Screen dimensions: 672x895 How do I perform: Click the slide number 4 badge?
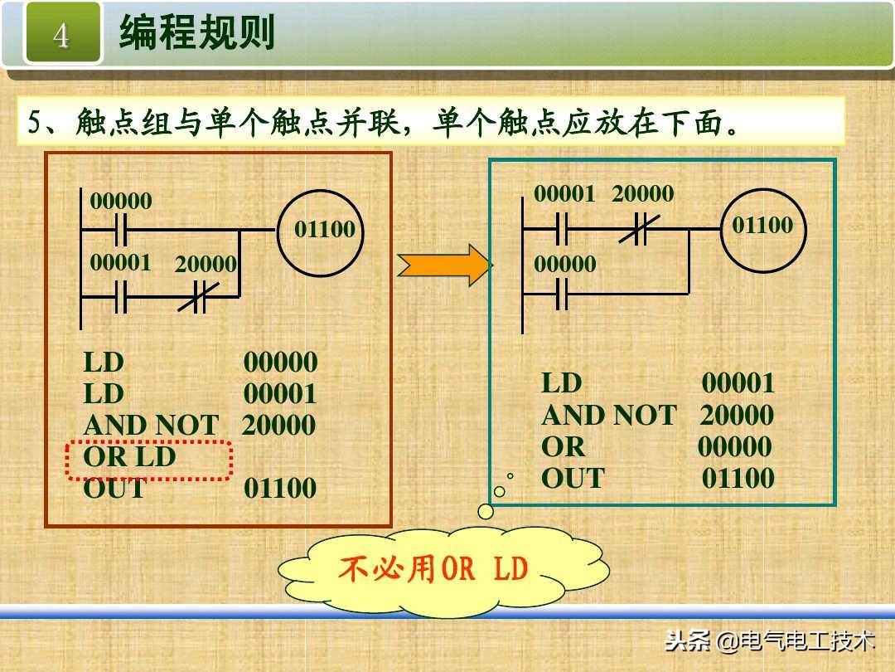[x=62, y=35]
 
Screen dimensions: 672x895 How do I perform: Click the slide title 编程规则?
[x=196, y=34]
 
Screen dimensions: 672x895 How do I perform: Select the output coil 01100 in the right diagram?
[x=762, y=226]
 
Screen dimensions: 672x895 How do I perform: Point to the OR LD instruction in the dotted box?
[x=130, y=457]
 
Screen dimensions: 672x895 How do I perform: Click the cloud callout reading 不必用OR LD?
[x=443, y=570]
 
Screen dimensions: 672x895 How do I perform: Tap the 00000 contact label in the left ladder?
[x=121, y=202]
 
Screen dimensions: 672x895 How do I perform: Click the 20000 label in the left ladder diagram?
[x=206, y=265]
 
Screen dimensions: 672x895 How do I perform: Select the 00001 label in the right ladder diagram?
[x=564, y=194]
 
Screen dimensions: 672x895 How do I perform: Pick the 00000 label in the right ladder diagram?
[x=564, y=265]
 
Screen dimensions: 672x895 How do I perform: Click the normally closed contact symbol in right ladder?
[x=634, y=228]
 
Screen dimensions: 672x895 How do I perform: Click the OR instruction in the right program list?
[x=563, y=447]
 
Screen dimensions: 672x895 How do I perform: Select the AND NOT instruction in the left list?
[x=150, y=426]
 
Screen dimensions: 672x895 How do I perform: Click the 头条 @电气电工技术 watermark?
[x=770, y=640]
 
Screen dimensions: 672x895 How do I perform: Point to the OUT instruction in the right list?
[x=573, y=479]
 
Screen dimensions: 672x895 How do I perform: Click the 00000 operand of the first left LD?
[x=280, y=363]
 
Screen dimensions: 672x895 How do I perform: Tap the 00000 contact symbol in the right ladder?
[x=562, y=294]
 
